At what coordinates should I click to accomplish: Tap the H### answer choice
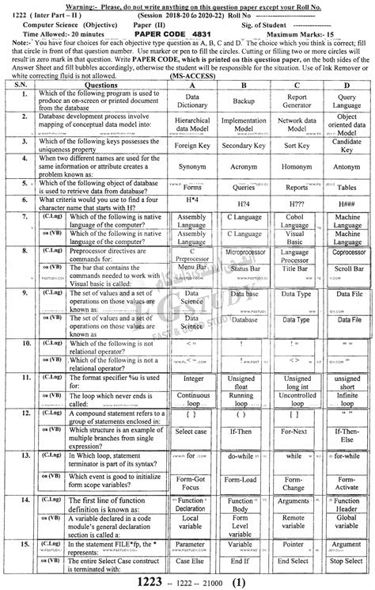(x=347, y=204)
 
